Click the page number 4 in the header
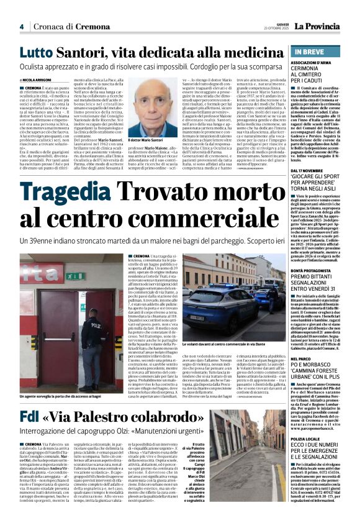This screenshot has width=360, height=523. tap(21, 27)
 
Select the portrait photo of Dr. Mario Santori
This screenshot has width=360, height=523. tap(166, 105)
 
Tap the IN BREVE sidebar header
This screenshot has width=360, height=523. tap(310, 53)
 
